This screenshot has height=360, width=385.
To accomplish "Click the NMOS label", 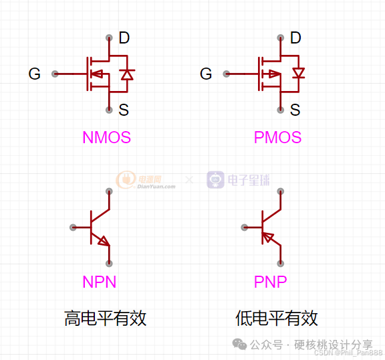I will coord(106,138).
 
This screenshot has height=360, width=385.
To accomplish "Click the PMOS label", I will coord(277,138).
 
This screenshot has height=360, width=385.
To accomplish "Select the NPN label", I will coord(100,282).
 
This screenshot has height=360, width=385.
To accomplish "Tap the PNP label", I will coord(271,282).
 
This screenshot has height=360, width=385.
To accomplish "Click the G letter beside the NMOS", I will coord(35,74).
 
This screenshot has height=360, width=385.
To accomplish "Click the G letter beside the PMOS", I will coord(206,74).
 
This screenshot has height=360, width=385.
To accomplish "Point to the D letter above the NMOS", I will coord(124,38).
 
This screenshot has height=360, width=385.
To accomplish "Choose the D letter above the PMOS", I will coord(295,38).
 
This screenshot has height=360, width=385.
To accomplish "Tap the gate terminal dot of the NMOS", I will coord(55,74).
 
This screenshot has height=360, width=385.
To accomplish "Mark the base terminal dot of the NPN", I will coord(72,228).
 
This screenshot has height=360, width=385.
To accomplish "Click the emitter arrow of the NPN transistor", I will coord(103,241).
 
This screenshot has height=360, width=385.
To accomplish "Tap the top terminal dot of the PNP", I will coord(280,191).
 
